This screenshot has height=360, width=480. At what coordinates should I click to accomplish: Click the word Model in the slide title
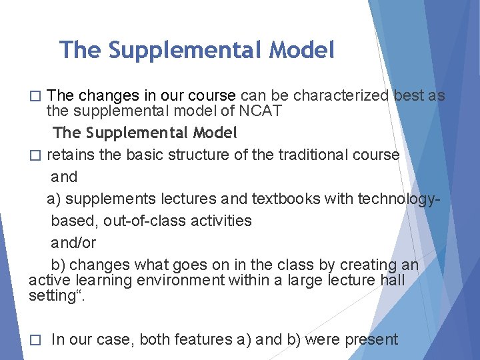coord(301,50)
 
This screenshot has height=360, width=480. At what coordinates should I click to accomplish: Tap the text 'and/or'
coord(73,243)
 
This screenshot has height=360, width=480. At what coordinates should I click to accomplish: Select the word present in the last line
coord(371,339)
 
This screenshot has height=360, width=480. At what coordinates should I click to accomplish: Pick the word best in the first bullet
coord(409,95)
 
